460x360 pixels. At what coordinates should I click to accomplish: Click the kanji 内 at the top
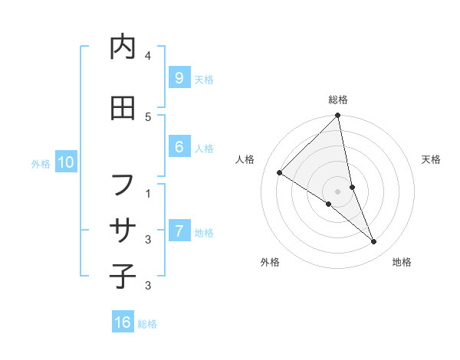click(123, 47)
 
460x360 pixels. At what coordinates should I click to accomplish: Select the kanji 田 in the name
click(123, 109)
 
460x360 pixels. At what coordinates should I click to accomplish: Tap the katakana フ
click(123, 185)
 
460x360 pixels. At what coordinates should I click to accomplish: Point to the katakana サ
click(123, 231)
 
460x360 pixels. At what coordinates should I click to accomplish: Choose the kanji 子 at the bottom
click(123, 276)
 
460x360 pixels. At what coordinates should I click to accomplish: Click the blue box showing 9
click(179, 77)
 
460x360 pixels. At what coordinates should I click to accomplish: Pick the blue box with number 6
click(179, 148)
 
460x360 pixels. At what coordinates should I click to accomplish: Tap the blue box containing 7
click(179, 231)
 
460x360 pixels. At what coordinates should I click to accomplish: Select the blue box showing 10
click(65, 162)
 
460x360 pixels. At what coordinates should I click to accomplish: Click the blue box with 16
click(123, 322)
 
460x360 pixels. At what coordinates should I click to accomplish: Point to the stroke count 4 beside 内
click(148, 56)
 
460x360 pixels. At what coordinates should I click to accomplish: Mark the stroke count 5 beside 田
click(148, 116)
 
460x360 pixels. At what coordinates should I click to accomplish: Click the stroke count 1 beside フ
click(148, 193)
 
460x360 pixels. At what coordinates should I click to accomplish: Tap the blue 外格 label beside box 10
click(41, 163)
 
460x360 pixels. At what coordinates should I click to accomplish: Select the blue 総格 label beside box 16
click(147, 323)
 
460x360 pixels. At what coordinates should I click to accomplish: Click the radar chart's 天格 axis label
click(431, 159)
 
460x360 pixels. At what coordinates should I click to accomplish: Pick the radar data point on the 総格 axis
click(337, 116)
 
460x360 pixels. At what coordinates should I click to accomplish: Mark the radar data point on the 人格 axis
click(280, 172)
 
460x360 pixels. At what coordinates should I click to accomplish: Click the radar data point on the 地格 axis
click(373, 241)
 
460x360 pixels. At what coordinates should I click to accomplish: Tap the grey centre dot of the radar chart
click(337, 191)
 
